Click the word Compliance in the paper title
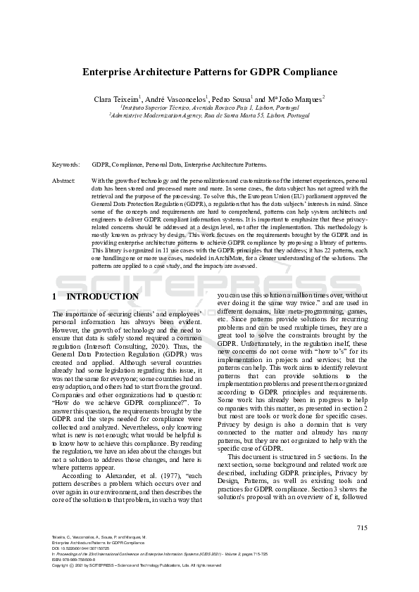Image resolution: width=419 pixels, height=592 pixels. [x=308, y=72]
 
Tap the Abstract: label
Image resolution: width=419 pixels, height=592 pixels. [x=64, y=181]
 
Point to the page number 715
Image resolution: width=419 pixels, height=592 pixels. [x=361, y=527]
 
